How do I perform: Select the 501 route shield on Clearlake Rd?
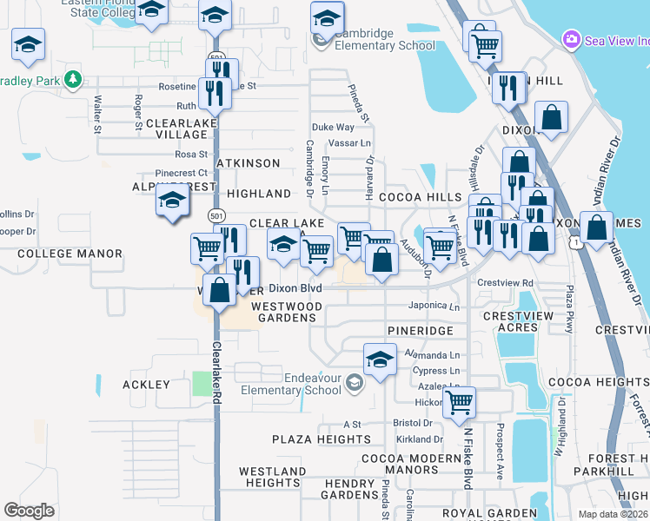216,214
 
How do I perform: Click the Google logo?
29,511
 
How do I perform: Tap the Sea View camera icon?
571,39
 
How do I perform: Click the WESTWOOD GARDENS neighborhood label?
287,312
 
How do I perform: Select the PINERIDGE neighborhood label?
421,331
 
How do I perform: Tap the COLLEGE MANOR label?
70,254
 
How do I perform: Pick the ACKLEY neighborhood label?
146,384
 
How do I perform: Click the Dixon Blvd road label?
295,288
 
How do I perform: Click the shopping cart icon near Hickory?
459,402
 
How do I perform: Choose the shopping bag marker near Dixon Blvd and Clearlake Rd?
220,289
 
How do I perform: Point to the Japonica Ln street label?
434,306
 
